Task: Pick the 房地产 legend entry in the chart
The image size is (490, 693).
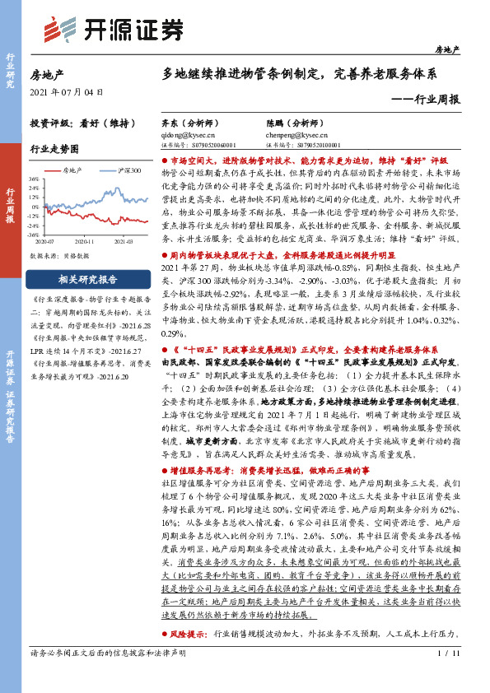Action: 74,170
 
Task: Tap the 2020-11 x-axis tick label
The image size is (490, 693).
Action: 84,242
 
